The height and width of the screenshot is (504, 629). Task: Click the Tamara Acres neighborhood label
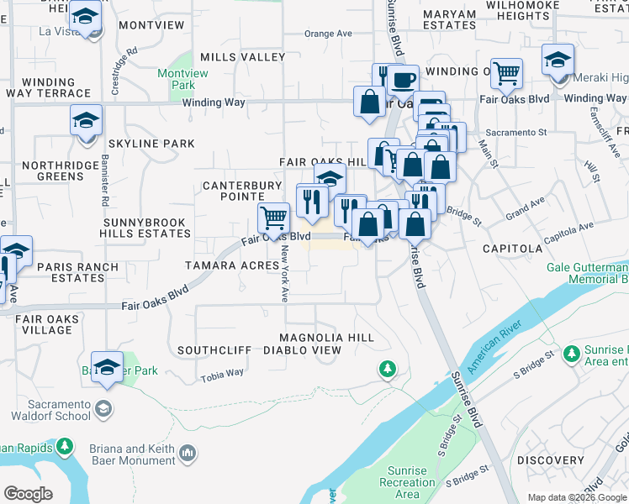click(x=231, y=265)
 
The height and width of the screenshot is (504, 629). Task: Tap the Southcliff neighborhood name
click(x=214, y=349)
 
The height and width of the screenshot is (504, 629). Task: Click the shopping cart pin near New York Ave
click(x=273, y=218)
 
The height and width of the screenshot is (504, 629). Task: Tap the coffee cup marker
click(x=403, y=81)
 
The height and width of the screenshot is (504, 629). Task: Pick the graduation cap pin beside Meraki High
click(x=557, y=60)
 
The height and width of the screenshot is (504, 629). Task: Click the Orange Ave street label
click(x=327, y=34)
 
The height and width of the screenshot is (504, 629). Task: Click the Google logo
click(x=29, y=493)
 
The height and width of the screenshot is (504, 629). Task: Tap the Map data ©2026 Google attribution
click(x=577, y=497)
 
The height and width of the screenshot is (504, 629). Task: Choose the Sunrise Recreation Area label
click(x=407, y=482)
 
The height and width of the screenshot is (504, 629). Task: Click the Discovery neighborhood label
click(x=550, y=460)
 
